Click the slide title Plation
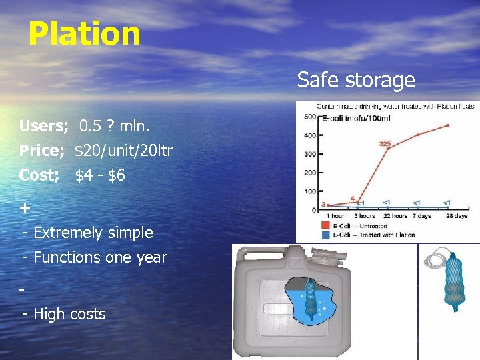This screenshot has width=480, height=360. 85,33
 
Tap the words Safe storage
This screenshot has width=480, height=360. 356,81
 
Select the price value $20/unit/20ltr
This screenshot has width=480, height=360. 124,151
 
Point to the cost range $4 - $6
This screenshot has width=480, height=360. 100,176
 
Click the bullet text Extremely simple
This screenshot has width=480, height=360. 93,233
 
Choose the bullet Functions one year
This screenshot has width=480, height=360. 100,257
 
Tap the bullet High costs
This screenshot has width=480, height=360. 69,313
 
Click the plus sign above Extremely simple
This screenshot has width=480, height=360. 25,209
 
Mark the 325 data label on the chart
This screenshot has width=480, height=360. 385,143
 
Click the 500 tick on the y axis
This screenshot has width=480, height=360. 310,117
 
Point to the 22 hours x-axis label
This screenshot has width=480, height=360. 386,216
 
